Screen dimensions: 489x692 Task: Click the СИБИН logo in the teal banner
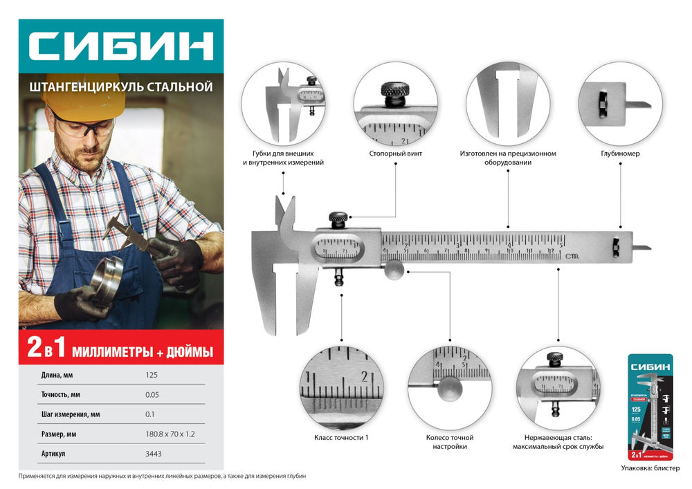pos(120,48)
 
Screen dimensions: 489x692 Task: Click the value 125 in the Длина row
pos(152,375)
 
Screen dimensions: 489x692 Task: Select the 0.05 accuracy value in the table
pos(152,394)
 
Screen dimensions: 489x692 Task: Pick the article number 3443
pos(154,454)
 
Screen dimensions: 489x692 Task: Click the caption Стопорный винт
pos(397,153)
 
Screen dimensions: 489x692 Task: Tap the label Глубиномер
pos(620,153)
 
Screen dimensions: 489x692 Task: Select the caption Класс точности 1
pos(343,438)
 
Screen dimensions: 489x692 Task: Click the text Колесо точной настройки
pos(450,442)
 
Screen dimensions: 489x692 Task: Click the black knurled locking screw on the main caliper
pos(338,220)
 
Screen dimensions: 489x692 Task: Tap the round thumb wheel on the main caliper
pos(394,270)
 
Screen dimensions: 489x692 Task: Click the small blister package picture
pos(651,408)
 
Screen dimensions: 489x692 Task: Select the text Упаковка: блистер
pos(650,468)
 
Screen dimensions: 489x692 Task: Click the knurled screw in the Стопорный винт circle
pos(394,93)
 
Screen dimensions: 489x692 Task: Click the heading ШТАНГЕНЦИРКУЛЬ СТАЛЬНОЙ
pos(120,87)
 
